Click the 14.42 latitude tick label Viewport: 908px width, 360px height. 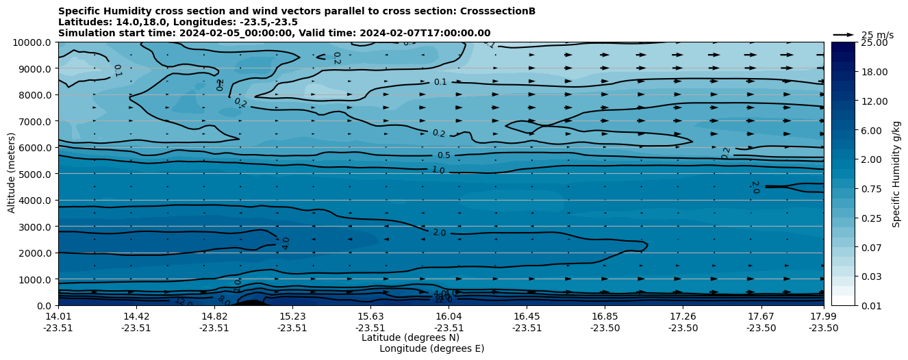136,316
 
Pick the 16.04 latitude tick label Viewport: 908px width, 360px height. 449,316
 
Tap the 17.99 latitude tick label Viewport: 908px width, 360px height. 823,316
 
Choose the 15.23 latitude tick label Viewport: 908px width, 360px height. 292,316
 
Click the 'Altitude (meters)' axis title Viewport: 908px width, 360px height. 12,174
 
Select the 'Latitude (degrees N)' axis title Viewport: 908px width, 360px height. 410,337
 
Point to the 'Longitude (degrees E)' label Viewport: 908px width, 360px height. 431,348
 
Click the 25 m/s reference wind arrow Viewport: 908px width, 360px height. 843,34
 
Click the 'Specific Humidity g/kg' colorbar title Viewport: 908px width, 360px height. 897,174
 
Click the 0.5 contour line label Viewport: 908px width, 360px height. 444,155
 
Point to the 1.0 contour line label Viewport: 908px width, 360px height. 438,170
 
